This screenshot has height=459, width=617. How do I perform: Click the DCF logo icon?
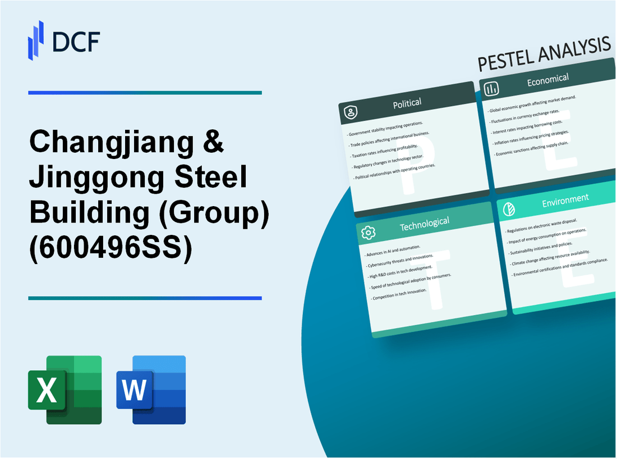[36, 40]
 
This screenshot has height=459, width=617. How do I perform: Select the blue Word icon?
[151, 389]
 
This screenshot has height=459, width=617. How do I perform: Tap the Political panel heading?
[407, 103]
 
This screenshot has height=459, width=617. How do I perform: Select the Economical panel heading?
[547, 81]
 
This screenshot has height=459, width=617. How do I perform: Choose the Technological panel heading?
[424, 224]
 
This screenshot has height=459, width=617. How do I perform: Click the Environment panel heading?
[565, 198]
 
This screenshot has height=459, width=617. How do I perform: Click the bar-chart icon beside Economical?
[492, 89]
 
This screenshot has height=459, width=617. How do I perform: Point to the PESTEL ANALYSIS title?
[544, 55]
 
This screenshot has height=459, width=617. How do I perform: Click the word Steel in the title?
[214, 179]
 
